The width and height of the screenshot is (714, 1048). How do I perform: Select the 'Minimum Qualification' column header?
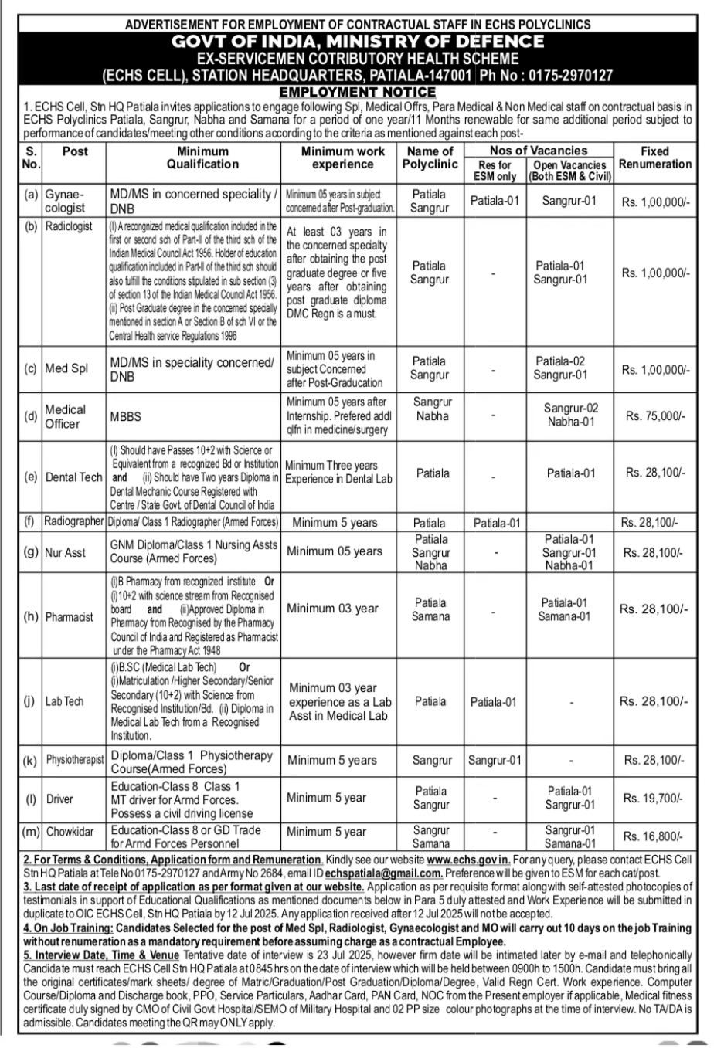coord(202,158)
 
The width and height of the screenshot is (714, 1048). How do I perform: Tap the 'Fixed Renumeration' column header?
coord(654,158)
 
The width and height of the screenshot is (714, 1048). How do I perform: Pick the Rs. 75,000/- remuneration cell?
coord(654,415)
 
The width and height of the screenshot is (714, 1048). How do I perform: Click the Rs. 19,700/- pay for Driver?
coord(654,798)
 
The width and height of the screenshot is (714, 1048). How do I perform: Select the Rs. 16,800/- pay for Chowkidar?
coord(654,836)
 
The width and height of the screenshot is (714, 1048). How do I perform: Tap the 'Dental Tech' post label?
coord(73,477)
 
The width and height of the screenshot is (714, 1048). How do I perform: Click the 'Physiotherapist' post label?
coord(74,761)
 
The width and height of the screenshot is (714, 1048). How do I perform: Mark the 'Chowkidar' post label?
coord(70,832)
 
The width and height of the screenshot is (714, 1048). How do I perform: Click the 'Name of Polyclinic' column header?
coord(430,158)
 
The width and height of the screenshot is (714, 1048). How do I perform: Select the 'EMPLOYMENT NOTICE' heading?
coord(356,92)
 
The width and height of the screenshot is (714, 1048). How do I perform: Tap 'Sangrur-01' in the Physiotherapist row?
coord(495,761)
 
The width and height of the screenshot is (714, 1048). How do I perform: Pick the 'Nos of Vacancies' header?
coord(538,151)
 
